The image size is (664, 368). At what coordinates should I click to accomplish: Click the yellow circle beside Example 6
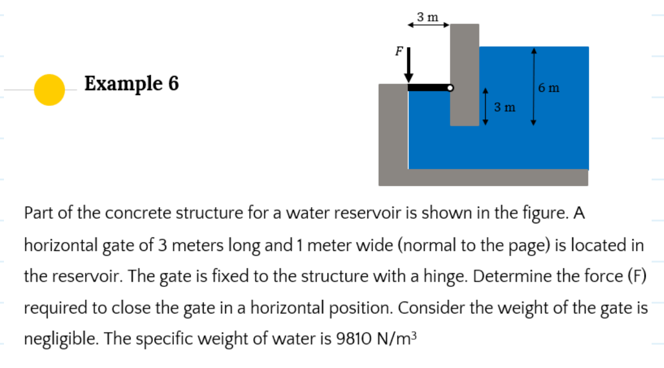(x=49, y=89)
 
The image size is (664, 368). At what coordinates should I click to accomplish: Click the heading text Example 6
(x=132, y=84)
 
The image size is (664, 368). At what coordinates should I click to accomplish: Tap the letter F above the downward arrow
(x=398, y=51)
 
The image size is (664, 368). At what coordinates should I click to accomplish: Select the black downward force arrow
(x=410, y=65)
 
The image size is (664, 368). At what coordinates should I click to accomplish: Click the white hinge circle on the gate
(x=450, y=88)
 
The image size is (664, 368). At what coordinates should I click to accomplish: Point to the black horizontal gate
(x=427, y=88)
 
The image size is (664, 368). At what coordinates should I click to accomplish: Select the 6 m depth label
(x=548, y=87)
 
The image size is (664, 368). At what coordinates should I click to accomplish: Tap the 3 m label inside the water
(x=504, y=107)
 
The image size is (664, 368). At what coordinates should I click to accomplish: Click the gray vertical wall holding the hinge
(x=464, y=73)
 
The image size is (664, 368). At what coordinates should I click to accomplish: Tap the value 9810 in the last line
(x=353, y=339)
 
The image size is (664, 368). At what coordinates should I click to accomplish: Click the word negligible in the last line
(x=61, y=339)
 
